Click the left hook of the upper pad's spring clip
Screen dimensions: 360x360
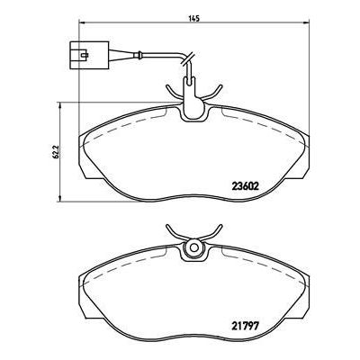pos(171,86)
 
